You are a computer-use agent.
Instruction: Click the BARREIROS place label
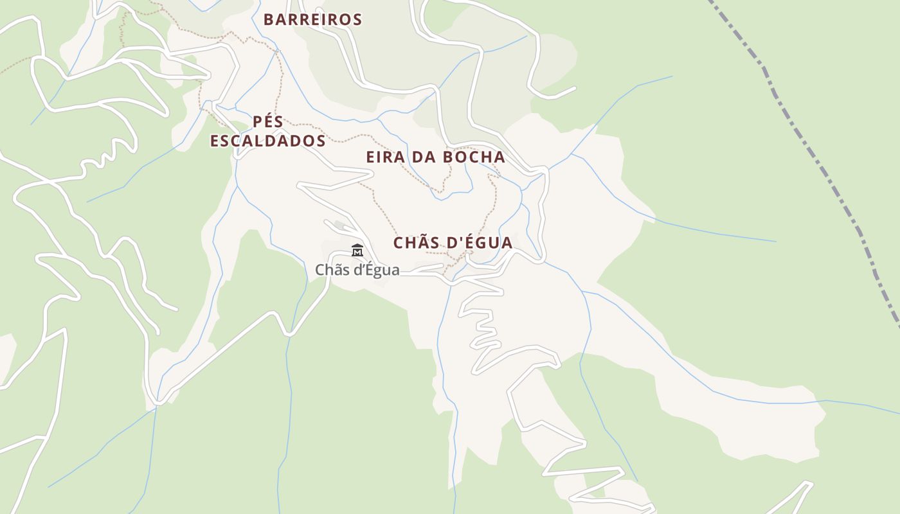(x=313, y=20)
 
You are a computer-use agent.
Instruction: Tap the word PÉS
(x=268, y=121)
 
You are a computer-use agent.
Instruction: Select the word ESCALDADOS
(x=267, y=141)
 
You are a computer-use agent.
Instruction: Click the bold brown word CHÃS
(x=416, y=243)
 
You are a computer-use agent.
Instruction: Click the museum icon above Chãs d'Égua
(x=357, y=250)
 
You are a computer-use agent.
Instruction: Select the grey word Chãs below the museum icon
(x=331, y=270)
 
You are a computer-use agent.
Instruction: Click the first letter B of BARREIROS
(x=269, y=20)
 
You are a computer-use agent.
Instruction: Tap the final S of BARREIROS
(x=357, y=20)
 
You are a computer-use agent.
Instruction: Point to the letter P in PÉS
(x=258, y=121)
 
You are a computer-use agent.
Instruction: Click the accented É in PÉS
(x=269, y=121)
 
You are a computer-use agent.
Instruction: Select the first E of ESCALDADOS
(x=215, y=141)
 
